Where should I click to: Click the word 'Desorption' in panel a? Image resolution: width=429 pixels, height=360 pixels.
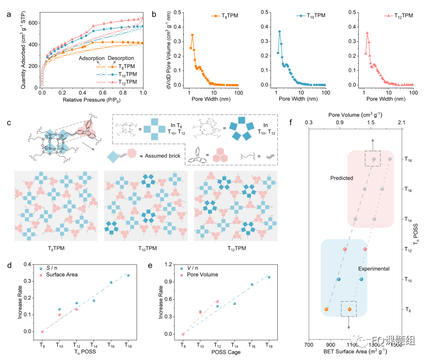pyautogui.click(x=121, y=58)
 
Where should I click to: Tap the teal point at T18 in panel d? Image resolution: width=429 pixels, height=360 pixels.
pyautogui.click(x=128, y=275)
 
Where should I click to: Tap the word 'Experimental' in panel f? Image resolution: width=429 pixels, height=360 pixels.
pyautogui.click(x=373, y=269)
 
